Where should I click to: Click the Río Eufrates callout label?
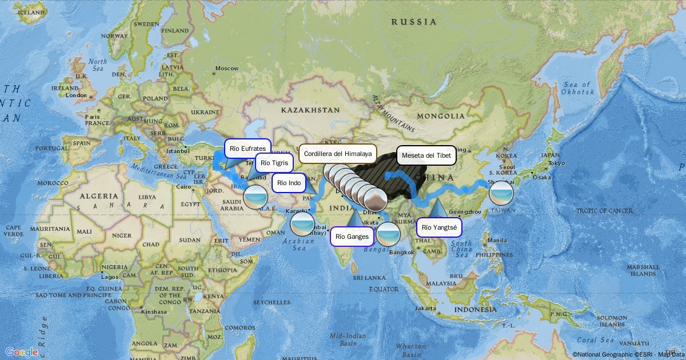tap(248, 149)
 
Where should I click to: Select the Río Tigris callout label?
tap(274, 163)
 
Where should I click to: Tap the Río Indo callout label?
tap(289, 183)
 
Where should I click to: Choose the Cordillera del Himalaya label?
tap(338, 154)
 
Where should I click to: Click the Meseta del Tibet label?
tap(426, 155)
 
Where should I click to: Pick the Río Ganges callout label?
tap(351, 236)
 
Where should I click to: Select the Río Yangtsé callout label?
tap(438, 228)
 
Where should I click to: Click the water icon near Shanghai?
tap(501, 193)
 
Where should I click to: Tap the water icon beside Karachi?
tap(302, 223)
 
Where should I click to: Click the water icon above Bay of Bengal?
tap(389, 234)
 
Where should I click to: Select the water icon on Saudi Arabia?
tap(255, 197)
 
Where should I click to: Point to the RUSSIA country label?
tap(413, 22)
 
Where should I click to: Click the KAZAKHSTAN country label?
tap(310, 110)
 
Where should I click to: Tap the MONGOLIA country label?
tap(441, 117)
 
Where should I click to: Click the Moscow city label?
tap(226, 69)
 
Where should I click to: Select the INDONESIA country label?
tap(475, 309)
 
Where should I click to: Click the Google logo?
tap(22, 352)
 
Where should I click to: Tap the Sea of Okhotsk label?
tap(578, 89)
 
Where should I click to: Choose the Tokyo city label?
tap(556, 163)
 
